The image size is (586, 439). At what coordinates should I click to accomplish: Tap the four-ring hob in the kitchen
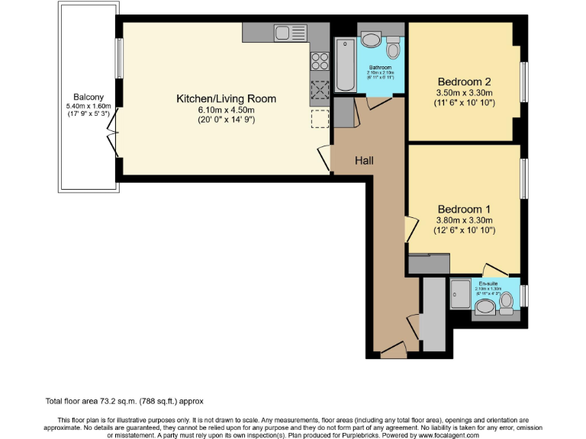320,62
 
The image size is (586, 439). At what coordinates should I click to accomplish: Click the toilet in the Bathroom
393,50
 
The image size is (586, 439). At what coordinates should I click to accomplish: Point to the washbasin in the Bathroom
373,40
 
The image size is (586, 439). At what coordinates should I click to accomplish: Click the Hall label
364,160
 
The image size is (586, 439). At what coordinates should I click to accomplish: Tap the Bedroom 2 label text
464,82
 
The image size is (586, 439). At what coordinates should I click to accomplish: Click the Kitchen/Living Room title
227,99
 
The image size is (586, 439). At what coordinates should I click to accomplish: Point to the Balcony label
89,96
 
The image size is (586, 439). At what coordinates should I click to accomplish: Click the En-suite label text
486,282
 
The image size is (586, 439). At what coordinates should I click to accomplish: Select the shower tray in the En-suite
462,294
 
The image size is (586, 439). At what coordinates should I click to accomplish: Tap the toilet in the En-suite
506,303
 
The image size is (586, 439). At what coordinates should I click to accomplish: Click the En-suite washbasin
485,308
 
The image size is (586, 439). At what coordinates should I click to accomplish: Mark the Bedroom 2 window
523,81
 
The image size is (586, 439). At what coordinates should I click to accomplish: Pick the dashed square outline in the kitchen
319,119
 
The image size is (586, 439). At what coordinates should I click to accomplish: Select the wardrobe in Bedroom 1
429,264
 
